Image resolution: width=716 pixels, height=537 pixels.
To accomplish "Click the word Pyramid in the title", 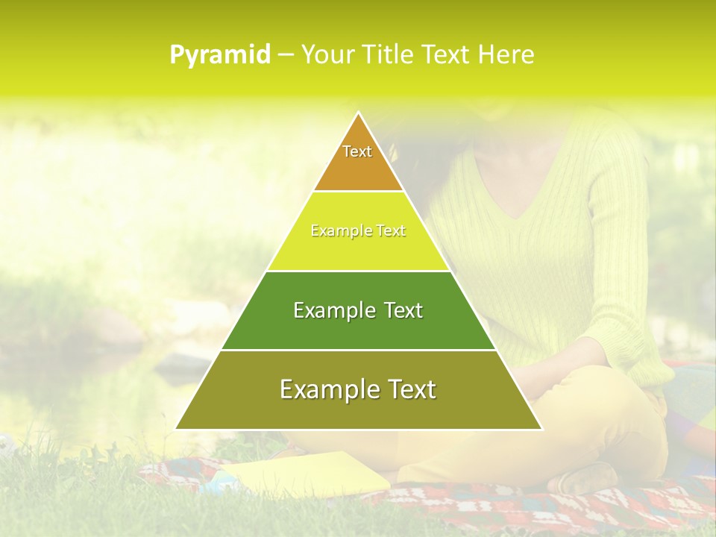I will pos(219,55).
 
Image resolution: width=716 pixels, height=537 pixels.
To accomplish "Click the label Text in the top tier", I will pos(357,151).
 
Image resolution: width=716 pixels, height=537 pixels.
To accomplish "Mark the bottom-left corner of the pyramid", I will pos(176,429).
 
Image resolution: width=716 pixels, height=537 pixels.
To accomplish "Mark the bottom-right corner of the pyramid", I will pos(541,429).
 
